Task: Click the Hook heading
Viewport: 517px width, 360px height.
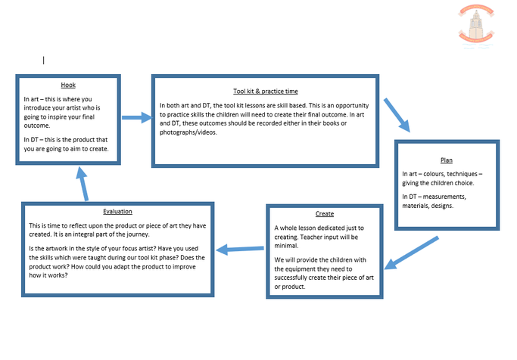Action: (68, 85)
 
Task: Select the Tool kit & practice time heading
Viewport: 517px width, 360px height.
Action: (266, 92)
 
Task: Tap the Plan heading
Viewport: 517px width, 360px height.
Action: (447, 160)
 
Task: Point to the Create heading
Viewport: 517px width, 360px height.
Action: (325, 214)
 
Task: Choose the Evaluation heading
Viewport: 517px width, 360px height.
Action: (117, 212)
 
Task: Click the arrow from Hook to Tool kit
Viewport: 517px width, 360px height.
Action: (137, 117)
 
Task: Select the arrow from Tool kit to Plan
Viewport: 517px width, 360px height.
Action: (397, 115)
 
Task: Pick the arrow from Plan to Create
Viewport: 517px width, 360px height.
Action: (412, 253)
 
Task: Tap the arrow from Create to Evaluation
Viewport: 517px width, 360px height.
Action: (240, 249)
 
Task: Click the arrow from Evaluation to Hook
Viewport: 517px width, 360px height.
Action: (83, 184)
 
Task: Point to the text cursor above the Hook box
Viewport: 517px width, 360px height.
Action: (43, 61)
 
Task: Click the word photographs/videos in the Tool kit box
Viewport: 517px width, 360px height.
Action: (188, 132)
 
